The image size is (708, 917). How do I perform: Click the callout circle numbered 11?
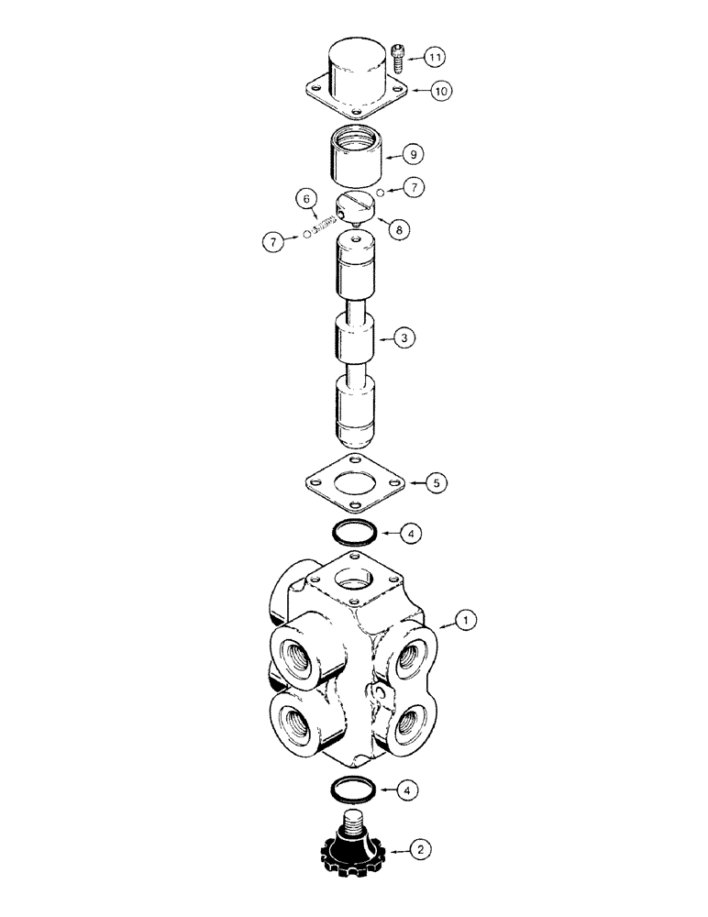(436, 58)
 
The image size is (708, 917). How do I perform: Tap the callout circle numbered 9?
(418, 156)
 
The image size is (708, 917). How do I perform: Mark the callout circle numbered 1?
(466, 622)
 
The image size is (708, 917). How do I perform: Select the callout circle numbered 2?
(420, 852)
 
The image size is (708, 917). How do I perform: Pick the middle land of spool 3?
(355, 337)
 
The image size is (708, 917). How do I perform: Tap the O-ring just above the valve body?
(354, 532)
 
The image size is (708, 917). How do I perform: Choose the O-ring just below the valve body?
(354, 788)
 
